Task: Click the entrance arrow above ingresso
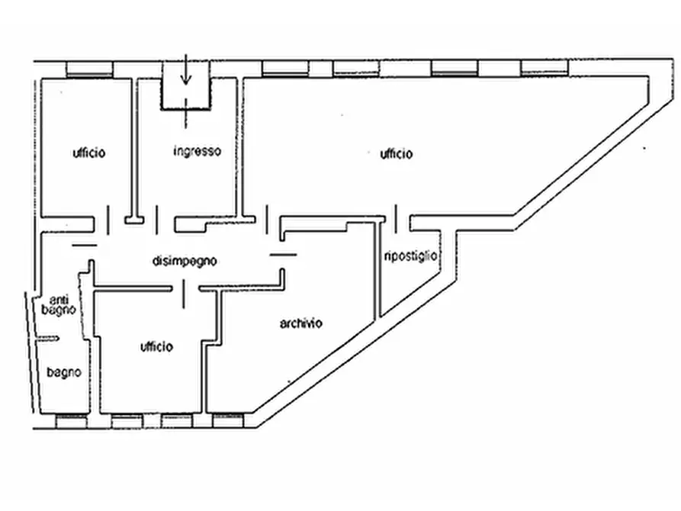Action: coord(186,69)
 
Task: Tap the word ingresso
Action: coord(198,151)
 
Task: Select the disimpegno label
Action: coord(185,261)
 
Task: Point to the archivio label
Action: coord(301,323)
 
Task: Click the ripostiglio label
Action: coord(410,256)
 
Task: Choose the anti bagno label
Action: coord(59,305)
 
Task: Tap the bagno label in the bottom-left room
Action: coord(64,372)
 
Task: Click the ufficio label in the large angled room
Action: coord(396,154)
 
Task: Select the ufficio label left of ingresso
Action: coord(89,153)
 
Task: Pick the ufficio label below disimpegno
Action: coord(156,347)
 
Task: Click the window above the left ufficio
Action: coord(89,69)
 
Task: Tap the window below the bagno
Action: coord(71,422)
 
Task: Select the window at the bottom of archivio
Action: coord(228,420)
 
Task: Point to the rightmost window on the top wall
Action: coord(544,68)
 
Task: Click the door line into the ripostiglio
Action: coord(396,219)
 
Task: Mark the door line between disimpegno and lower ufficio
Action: coord(184,294)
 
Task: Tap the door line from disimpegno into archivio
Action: coord(283,255)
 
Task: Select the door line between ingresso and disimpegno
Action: coord(157,220)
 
